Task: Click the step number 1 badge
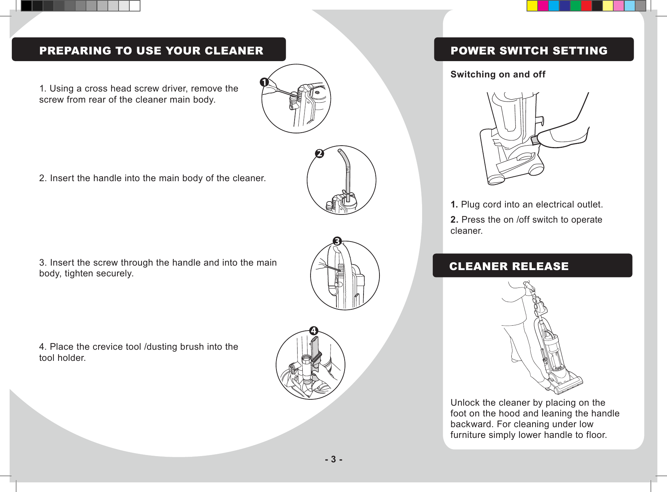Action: click(264, 82)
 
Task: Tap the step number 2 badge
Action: click(319, 153)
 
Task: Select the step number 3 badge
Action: click(337, 242)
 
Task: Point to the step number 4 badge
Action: click(314, 331)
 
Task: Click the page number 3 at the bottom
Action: click(333, 459)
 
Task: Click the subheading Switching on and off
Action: click(498, 74)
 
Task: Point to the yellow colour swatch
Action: click(532, 6)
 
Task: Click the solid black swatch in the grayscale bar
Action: click(26, 6)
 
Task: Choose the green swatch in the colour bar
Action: click(575, 6)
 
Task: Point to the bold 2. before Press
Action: click(454, 220)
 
